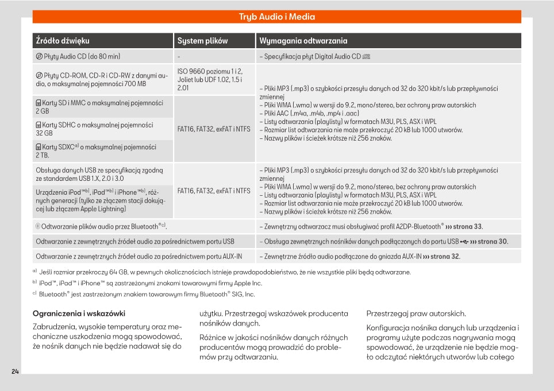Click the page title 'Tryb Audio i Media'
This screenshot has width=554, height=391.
[x=276, y=17]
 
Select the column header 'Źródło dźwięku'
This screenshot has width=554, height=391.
[x=63, y=41]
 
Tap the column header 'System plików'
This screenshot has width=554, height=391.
[x=202, y=41]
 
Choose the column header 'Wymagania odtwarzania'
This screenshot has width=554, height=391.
[x=303, y=41]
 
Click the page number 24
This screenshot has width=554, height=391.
[x=16, y=371]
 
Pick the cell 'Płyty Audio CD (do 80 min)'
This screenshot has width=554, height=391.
[x=82, y=56]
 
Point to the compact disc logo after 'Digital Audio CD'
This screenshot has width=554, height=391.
[x=367, y=56]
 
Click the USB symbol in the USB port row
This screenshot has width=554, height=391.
[x=464, y=242]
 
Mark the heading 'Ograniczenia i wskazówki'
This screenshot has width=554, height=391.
[x=79, y=313]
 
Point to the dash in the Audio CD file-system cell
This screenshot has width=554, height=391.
[x=179, y=57]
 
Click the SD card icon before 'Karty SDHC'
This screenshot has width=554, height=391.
[x=39, y=125]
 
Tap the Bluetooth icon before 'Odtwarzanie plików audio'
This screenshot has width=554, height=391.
[x=38, y=227]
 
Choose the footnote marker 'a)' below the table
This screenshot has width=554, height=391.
[x=35, y=271]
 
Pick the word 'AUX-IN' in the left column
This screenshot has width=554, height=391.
[x=231, y=257]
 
